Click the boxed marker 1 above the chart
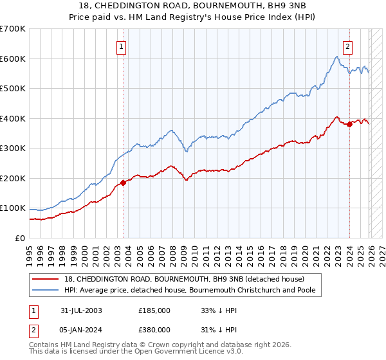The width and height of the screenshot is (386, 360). click(122, 46)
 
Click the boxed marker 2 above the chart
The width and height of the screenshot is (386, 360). click(348, 46)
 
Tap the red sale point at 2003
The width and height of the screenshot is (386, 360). click(123, 183)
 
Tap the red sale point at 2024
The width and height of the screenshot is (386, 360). click(349, 125)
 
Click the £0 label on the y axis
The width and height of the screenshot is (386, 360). click(21, 238)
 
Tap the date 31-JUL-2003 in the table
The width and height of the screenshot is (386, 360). click(81, 310)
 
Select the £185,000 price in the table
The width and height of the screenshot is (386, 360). click(154, 310)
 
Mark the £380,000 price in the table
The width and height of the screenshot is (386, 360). click(154, 329)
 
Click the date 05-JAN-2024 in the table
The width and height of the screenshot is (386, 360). click(81, 329)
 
